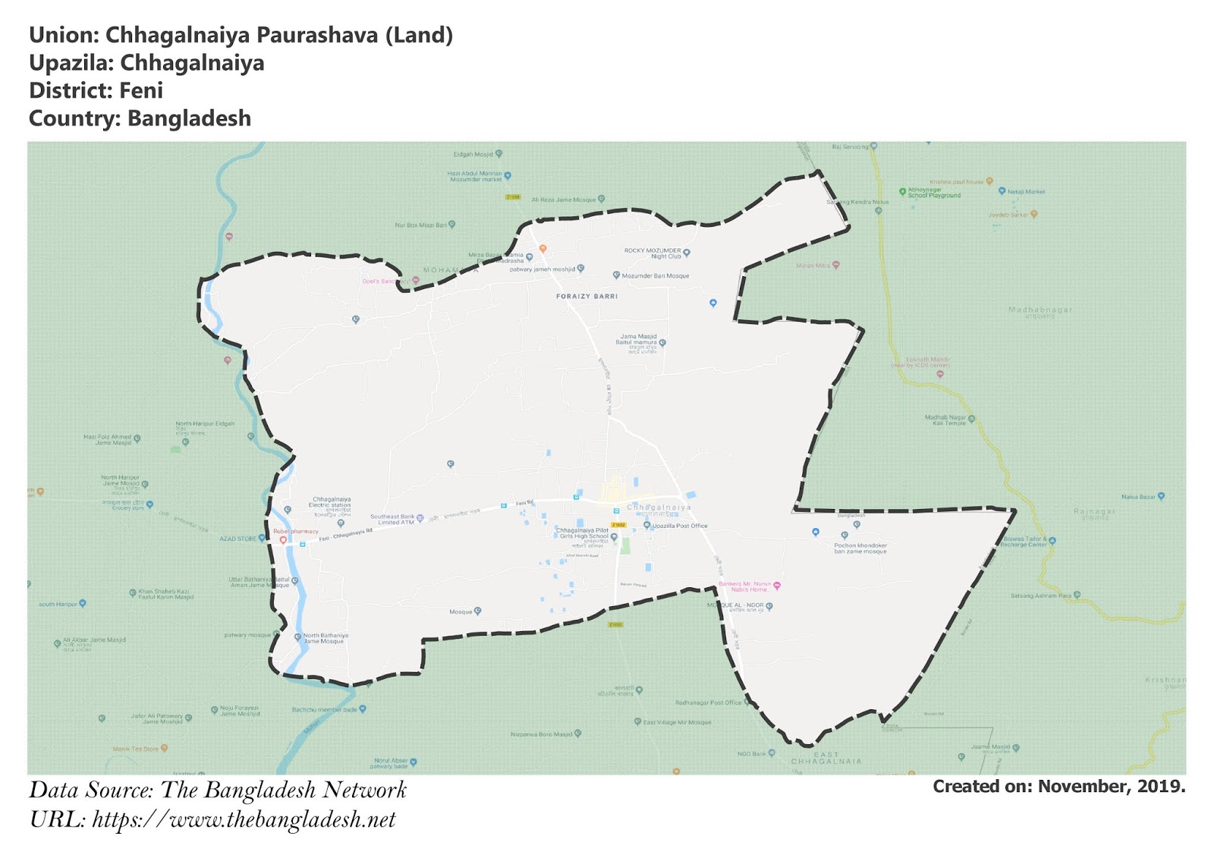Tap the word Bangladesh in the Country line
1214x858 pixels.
tap(189, 119)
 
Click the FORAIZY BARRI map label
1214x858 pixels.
tap(587, 297)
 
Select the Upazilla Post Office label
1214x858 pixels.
tap(680, 526)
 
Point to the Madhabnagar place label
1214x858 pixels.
tap(1040, 310)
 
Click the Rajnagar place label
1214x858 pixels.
tap(1094, 512)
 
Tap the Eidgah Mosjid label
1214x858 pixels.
tap(473, 154)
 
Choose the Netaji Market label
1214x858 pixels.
tap(1026, 192)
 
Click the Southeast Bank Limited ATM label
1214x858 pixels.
tap(392, 519)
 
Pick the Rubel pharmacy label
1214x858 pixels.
tap(296, 532)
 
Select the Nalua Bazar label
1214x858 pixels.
tap(1138, 497)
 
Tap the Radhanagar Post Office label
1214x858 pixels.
tap(708, 702)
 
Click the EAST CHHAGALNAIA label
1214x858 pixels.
tap(826, 758)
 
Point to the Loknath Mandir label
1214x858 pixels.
tap(928, 360)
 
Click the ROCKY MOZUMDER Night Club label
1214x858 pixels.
tap(653, 253)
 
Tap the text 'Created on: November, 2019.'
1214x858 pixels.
tap(1058, 787)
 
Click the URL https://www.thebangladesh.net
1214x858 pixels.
tap(244, 820)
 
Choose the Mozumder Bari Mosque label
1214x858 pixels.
tap(656, 276)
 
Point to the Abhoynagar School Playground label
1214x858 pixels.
tap(934, 193)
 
